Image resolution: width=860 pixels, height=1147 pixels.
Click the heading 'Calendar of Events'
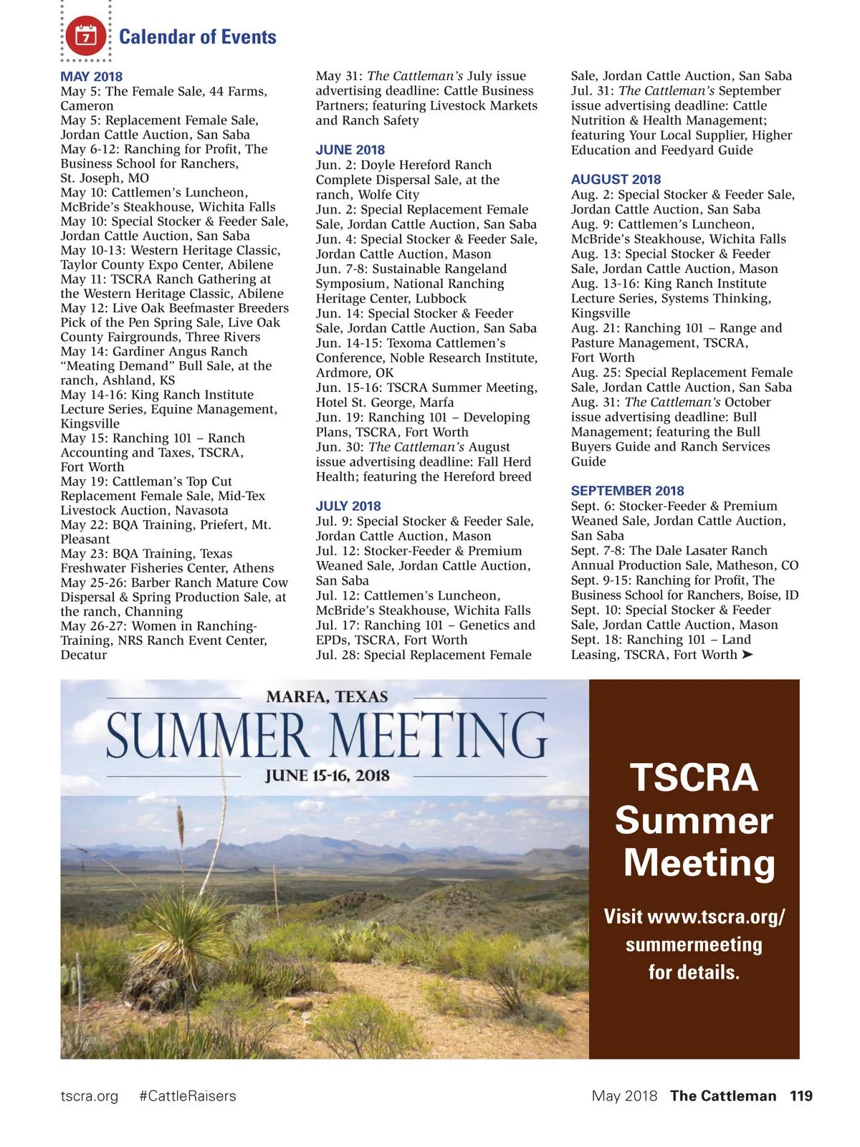(x=197, y=37)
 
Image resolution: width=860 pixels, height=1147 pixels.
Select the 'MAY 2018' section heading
(x=91, y=77)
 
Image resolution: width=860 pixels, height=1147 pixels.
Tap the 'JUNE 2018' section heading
(x=350, y=150)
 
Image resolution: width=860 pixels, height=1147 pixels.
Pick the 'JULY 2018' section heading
(x=348, y=506)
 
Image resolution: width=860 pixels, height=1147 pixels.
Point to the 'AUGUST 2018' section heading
(x=616, y=179)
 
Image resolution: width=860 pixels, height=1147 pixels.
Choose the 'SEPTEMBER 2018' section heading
(x=627, y=491)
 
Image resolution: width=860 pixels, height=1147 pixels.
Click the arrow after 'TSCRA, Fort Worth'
(x=747, y=655)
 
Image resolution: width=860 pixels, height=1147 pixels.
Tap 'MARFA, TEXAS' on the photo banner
(x=327, y=696)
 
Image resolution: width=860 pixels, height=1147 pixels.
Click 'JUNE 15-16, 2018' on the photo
(x=327, y=775)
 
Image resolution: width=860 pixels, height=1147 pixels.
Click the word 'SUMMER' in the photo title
(x=208, y=735)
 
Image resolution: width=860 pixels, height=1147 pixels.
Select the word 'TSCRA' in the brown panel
(x=694, y=777)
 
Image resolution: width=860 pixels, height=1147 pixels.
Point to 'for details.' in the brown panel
(x=694, y=972)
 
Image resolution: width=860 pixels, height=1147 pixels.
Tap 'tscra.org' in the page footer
(x=89, y=1096)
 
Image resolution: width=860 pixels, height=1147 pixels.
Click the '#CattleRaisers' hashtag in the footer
(x=187, y=1096)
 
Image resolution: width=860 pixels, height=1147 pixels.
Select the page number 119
(x=801, y=1096)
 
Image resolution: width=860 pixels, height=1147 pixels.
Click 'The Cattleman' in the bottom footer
(x=722, y=1096)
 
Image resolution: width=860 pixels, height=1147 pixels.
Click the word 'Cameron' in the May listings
(x=87, y=105)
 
